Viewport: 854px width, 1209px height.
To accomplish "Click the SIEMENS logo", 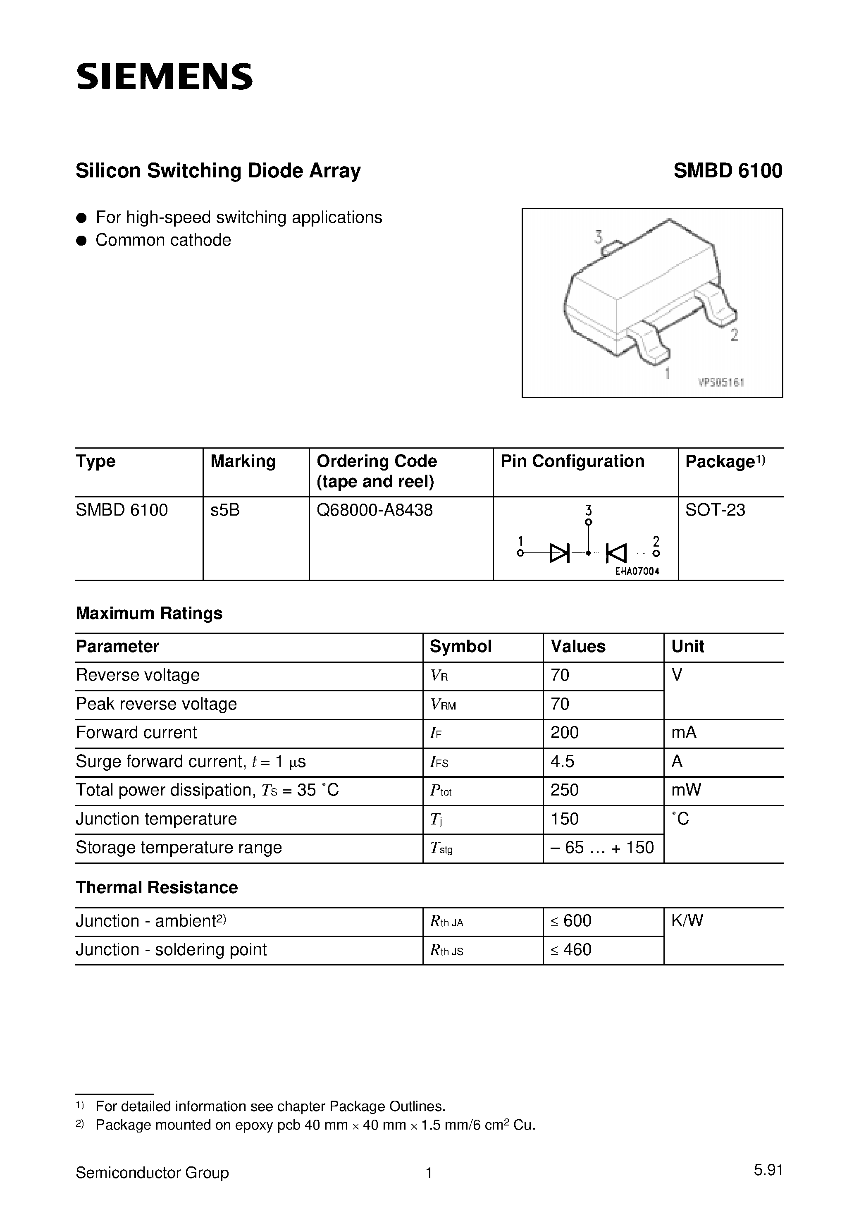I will point(164,77).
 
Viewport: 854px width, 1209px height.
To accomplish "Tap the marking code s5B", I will point(225,510).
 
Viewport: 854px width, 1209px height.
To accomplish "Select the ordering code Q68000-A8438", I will point(375,510).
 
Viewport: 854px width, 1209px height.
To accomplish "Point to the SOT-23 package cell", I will point(715,510).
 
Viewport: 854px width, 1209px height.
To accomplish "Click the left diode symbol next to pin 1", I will point(559,553).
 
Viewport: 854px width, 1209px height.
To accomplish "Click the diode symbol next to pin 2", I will point(616,553).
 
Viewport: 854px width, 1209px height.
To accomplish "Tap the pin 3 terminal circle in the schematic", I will point(589,522).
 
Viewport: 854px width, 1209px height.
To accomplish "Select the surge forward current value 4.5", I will point(562,762).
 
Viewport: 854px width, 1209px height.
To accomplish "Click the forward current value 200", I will point(564,732).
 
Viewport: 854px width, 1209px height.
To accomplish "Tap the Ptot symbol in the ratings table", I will point(441,791).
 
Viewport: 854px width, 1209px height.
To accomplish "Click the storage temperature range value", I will point(602,847).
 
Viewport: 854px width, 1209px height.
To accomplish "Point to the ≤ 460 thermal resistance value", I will point(571,949).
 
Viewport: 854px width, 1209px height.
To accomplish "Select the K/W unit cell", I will point(687,920).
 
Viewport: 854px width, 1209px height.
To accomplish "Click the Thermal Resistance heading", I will point(156,887).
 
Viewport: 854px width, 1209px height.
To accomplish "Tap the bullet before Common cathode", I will point(81,241).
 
